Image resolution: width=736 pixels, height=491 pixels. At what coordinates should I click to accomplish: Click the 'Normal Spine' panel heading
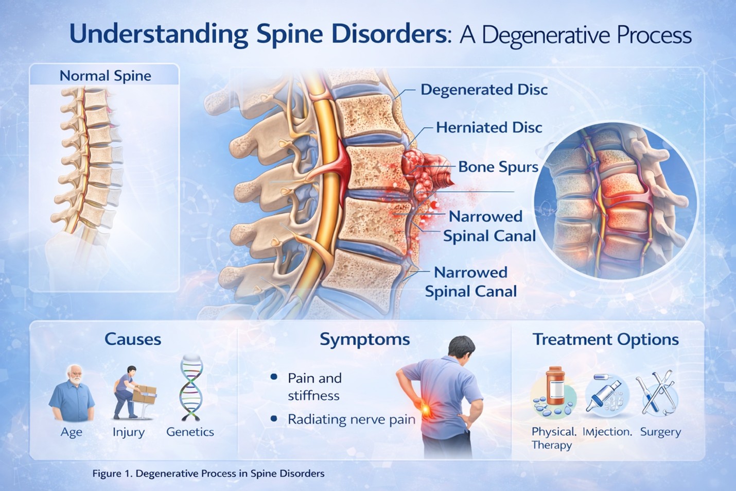[105, 76]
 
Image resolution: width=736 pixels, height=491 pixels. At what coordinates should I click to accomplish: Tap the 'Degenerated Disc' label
[484, 90]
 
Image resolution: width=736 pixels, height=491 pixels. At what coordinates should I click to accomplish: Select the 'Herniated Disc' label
[489, 127]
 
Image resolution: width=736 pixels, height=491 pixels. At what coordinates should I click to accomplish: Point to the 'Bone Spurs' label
[498, 167]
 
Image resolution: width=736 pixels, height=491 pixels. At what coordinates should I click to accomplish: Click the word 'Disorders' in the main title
[389, 34]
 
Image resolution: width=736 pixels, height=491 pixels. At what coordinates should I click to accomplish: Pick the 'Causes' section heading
[133, 339]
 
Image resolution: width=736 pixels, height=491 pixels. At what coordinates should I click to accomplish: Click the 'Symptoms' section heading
[364, 339]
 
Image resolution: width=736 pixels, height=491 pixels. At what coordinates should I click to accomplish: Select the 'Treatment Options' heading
[605, 339]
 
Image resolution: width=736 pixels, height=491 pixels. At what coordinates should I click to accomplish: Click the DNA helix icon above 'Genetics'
[190, 389]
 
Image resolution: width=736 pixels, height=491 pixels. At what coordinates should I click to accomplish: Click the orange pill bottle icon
[554, 386]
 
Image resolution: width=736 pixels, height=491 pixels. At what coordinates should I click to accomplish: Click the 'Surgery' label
[660, 432]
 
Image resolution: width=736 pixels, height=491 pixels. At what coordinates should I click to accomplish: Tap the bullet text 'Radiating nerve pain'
[351, 419]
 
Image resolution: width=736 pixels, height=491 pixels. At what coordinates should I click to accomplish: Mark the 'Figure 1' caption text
[208, 473]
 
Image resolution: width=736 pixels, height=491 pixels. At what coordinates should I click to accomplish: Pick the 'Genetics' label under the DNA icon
[190, 432]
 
